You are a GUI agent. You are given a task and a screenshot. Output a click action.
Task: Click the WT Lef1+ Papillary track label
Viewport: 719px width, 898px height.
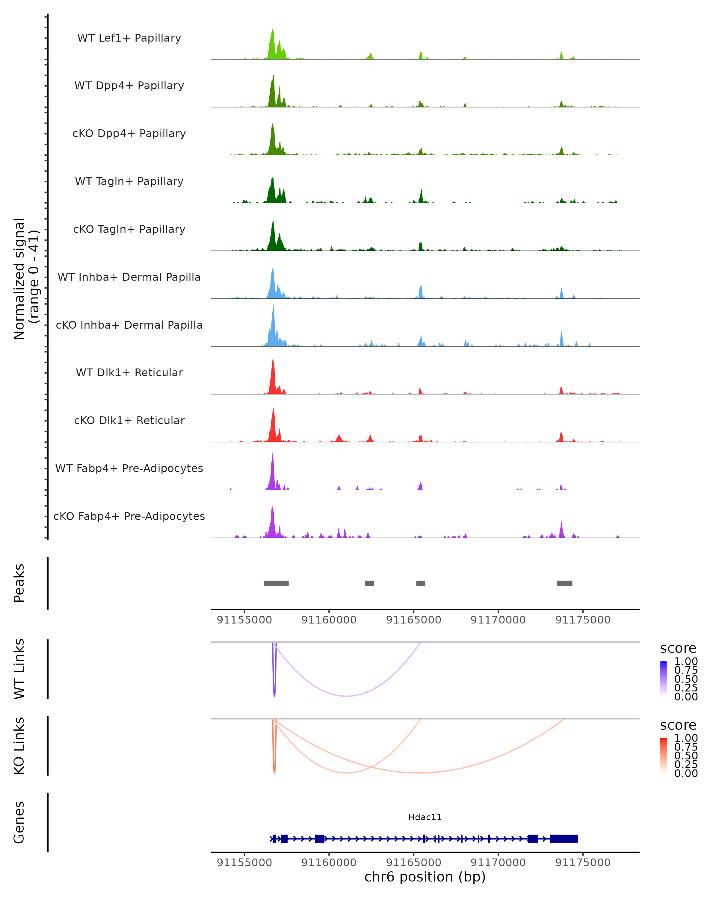click(x=129, y=38)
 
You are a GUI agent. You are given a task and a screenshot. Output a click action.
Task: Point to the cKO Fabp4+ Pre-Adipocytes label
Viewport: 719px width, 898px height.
click(x=129, y=516)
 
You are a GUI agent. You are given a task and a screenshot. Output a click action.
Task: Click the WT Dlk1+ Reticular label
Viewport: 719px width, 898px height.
click(x=129, y=372)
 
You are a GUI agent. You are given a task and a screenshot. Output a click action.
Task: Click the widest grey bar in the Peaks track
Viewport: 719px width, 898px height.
click(x=276, y=583)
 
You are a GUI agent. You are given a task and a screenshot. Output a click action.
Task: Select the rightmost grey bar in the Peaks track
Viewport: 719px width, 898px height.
click(x=564, y=583)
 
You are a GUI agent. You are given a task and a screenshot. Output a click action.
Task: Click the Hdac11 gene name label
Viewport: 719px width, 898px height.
click(x=425, y=817)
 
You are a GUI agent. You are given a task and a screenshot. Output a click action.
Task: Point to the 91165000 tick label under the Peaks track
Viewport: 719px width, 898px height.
click(x=413, y=620)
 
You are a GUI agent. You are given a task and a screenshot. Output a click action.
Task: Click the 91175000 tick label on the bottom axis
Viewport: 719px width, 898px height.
click(x=583, y=863)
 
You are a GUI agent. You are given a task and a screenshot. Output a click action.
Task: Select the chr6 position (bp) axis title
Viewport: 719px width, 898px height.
click(x=425, y=877)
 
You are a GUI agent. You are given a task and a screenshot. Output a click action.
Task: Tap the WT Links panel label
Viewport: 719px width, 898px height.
click(x=19, y=669)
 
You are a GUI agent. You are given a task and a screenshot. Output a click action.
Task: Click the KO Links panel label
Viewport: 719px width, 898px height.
click(x=19, y=746)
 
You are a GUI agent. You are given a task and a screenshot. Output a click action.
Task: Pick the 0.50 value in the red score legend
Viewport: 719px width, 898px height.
click(x=686, y=756)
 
